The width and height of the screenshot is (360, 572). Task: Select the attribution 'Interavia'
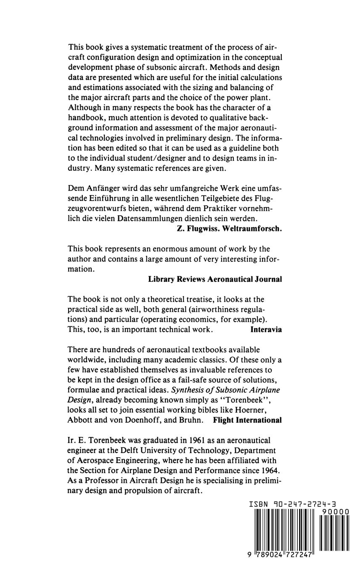pyautogui.click(x=266, y=329)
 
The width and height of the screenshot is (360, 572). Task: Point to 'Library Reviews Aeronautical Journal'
pyautogui.click(x=215, y=279)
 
